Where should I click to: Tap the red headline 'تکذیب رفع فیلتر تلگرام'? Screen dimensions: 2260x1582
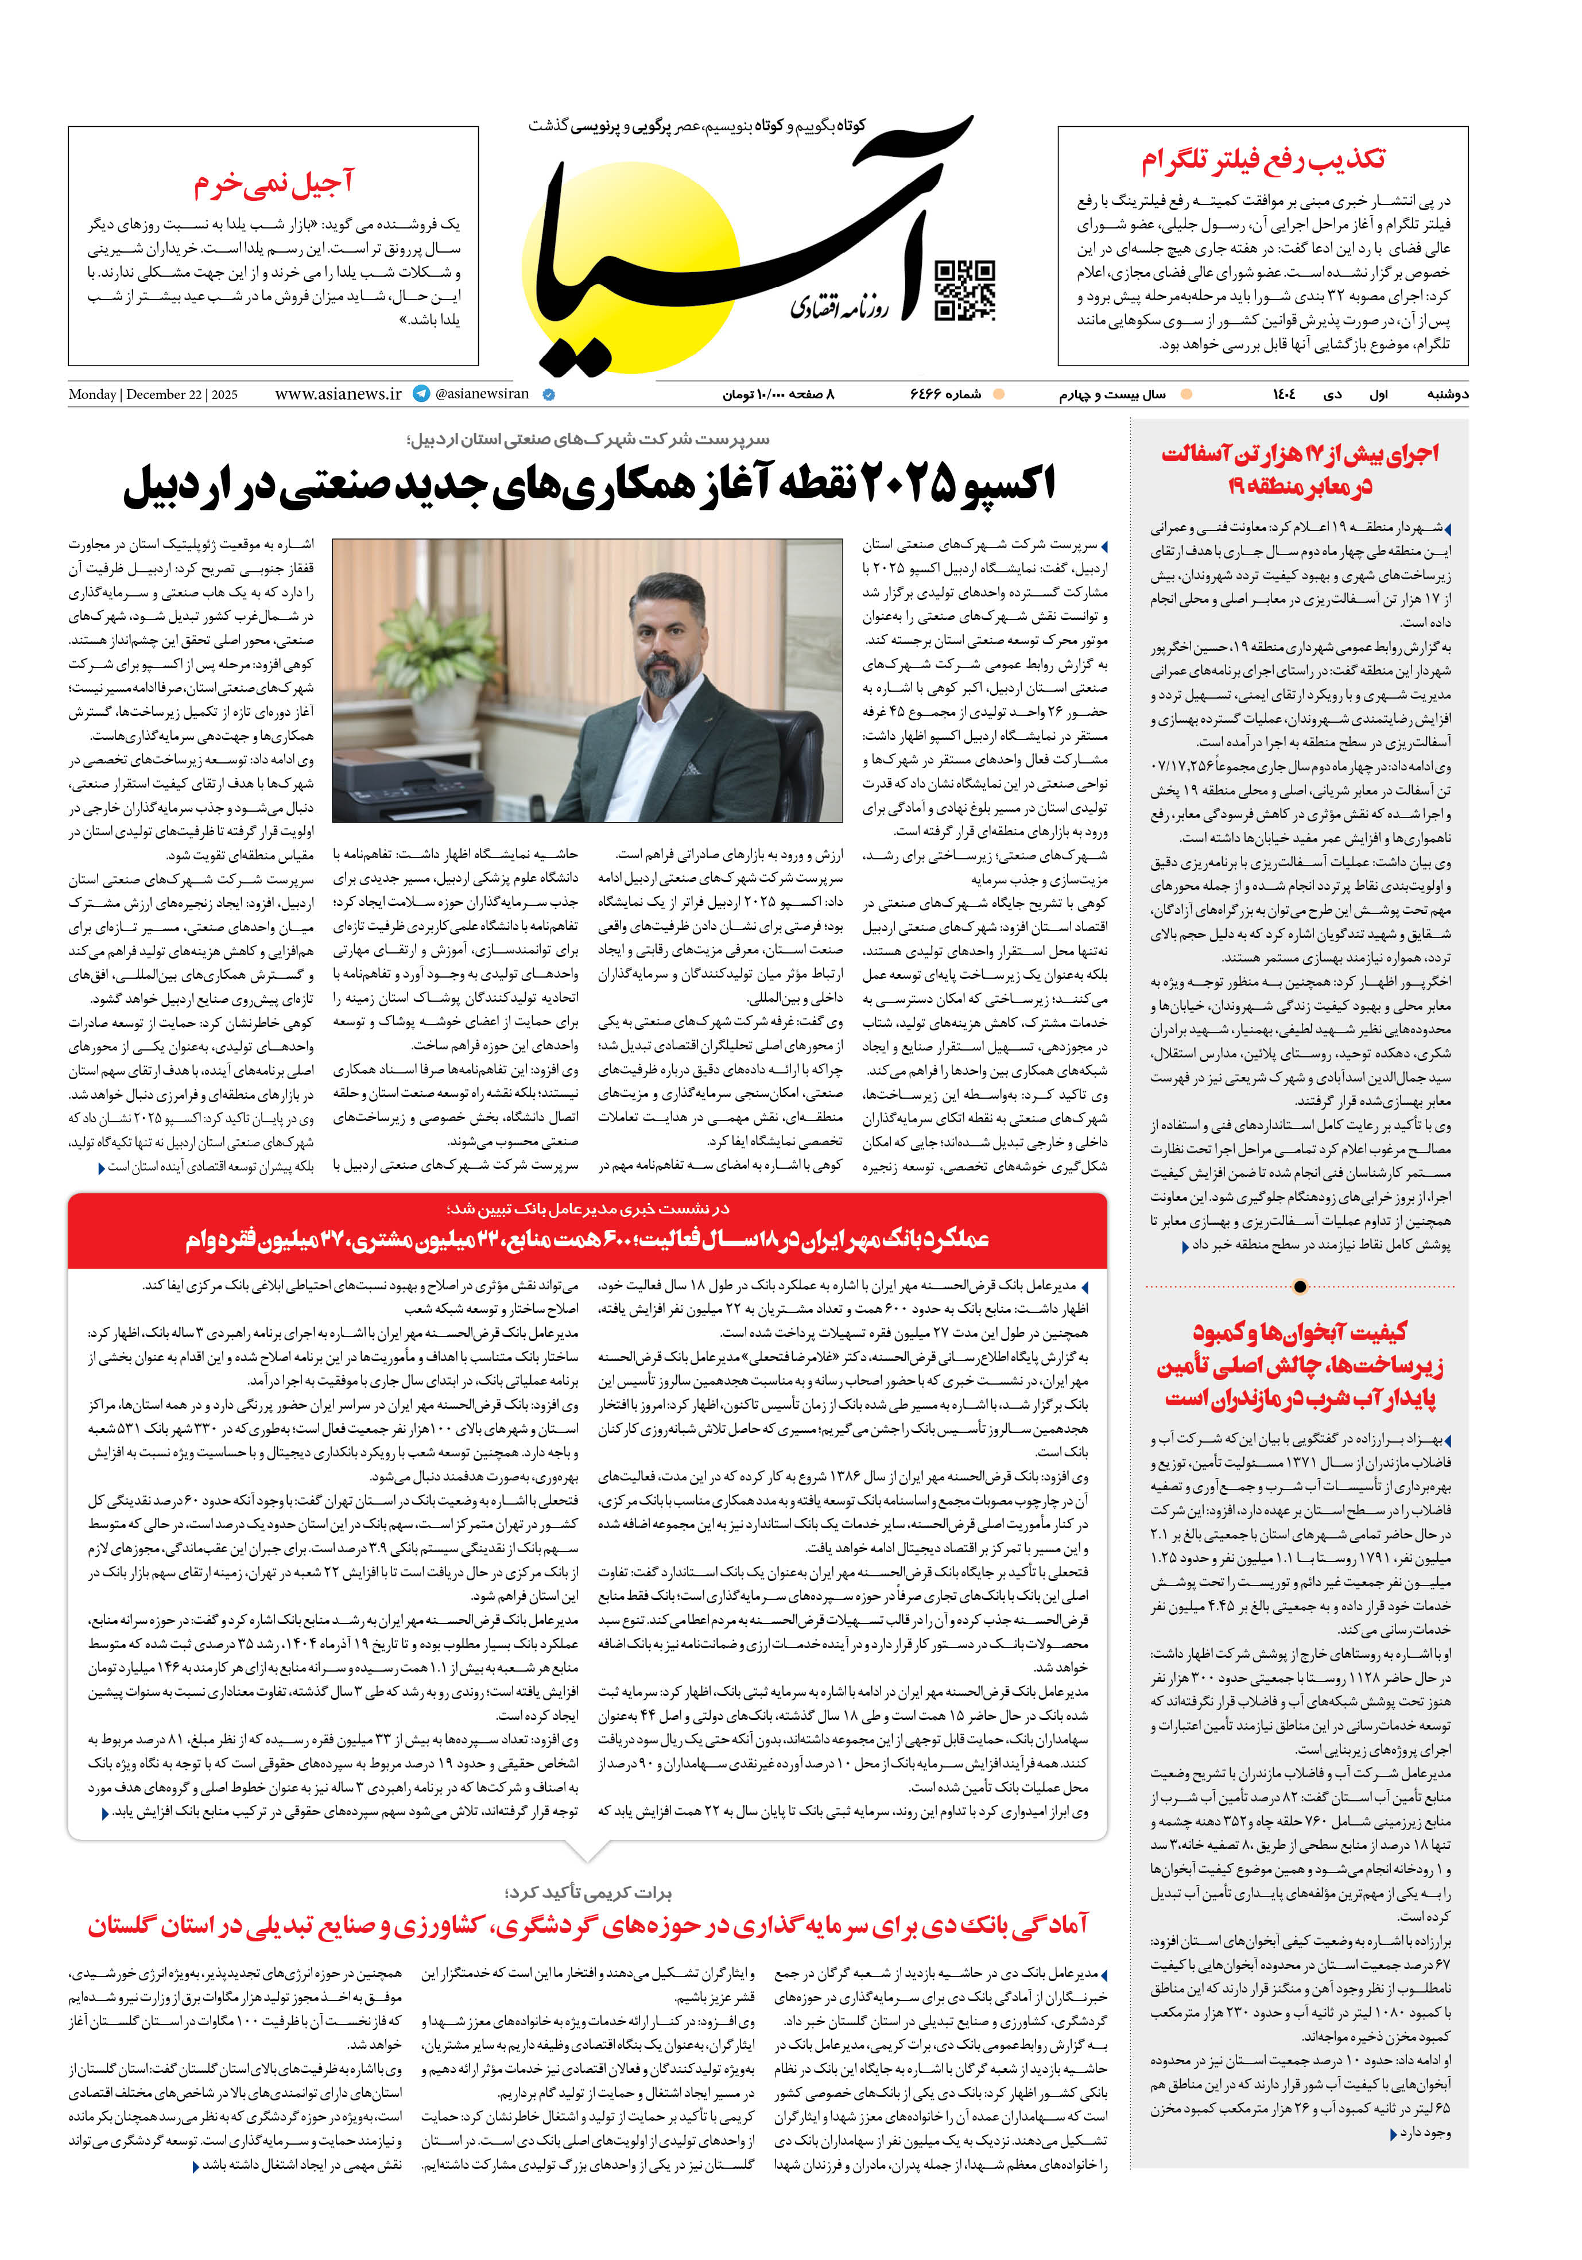pyautogui.click(x=1263, y=160)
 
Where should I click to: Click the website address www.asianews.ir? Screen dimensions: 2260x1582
pyautogui.click(x=338, y=394)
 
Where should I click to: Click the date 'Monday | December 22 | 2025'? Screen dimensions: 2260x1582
pyautogui.click(x=153, y=395)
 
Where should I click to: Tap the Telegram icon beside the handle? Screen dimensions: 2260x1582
pyautogui.click(x=421, y=394)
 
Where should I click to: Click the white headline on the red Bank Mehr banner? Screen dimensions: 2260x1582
pyautogui.click(x=588, y=1239)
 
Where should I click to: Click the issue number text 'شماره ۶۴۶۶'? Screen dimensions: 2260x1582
pyautogui.click(x=944, y=394)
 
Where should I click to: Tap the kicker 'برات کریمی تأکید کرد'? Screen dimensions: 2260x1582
pyautogui.click(x=588, y=1892)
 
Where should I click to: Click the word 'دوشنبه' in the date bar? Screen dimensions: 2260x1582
pyautogui.click(x=1447, y=394)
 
